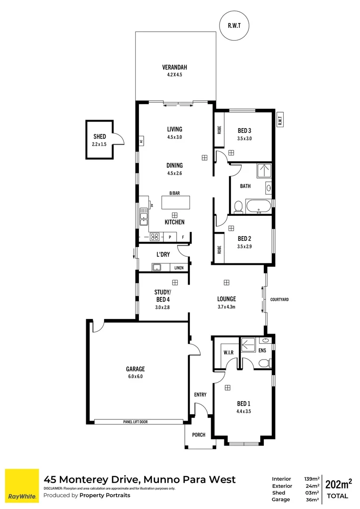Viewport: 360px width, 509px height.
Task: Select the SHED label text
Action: click(x=99, y=137)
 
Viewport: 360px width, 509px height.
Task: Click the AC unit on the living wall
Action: click(x=141, y=141)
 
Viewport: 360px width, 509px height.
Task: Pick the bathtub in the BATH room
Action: click(x=259, y=206)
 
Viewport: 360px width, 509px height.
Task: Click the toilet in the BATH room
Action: click(x=238, y=206)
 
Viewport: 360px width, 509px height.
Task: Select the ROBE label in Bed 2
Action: click(x=219, y=250)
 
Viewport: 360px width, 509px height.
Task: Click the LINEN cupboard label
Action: click(x=179, y=268)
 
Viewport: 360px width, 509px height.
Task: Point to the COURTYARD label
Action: click(x=279, y=299)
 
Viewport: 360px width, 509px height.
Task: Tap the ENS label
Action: click(x=262, y=350)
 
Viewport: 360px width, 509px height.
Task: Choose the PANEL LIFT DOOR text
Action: click(x=136, y=422)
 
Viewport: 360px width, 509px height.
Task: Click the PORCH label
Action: click(x=199, y=435)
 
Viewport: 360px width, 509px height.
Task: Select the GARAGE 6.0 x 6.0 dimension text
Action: click(x=135, y=377)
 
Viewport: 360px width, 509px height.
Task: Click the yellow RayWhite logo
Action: click(x=22, y=485)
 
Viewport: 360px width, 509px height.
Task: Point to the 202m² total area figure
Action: click(x=339, y=484)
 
